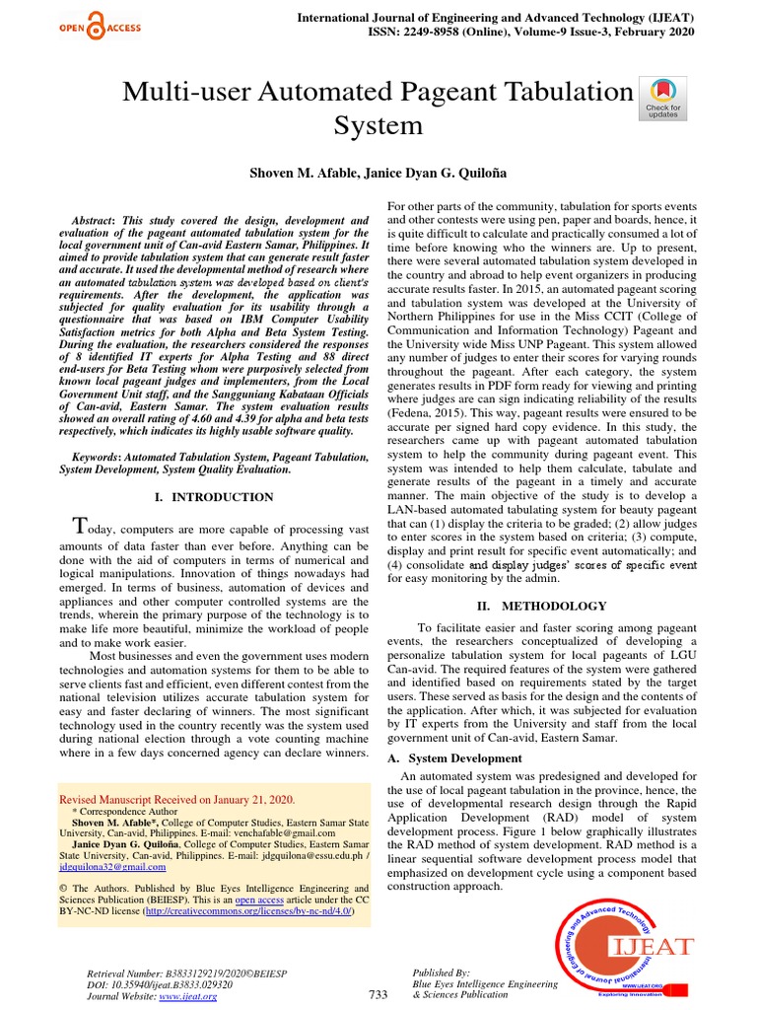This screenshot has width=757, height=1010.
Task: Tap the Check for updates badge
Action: coord(661,97)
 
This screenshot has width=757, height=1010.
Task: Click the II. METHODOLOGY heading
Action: coord(542,606)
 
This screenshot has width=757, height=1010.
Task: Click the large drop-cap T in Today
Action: coord(83,524)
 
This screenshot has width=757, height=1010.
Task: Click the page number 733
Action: coord(378,994)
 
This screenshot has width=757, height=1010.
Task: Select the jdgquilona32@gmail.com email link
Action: coord(112,867)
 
